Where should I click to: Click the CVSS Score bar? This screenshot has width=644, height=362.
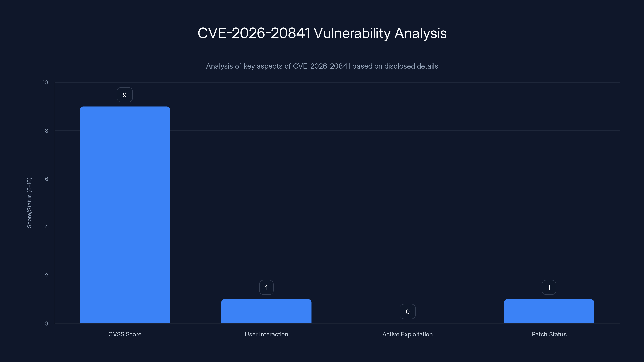tap(125, 215)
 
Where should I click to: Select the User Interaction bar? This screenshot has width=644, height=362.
tap(266, 311)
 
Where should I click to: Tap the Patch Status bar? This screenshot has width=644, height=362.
tap(549, 311)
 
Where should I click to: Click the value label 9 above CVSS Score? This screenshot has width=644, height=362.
tap(125, 95)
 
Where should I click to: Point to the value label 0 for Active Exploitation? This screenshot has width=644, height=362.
tap(408, 312)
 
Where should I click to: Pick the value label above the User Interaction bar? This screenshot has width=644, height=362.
tap(266, 288)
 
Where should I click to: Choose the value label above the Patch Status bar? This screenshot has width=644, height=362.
tap(549, 288)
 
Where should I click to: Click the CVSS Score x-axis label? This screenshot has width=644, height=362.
tap(125, 334)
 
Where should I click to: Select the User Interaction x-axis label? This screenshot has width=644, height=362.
tap(266, 334)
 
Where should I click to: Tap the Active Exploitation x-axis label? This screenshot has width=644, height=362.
tap(408, 334)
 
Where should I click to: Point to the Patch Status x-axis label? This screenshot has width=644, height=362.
tap(549, 334)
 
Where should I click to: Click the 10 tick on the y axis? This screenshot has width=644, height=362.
tap(45, 83)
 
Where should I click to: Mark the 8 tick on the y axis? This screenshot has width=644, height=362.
tap(46, 131)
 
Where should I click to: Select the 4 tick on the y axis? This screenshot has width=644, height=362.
tap(46, 227)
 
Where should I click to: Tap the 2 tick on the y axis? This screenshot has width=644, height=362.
tap(46, 276)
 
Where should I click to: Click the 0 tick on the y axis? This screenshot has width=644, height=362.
tap(46, 324)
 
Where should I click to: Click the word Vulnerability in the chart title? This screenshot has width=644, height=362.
tap(352, 33)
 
